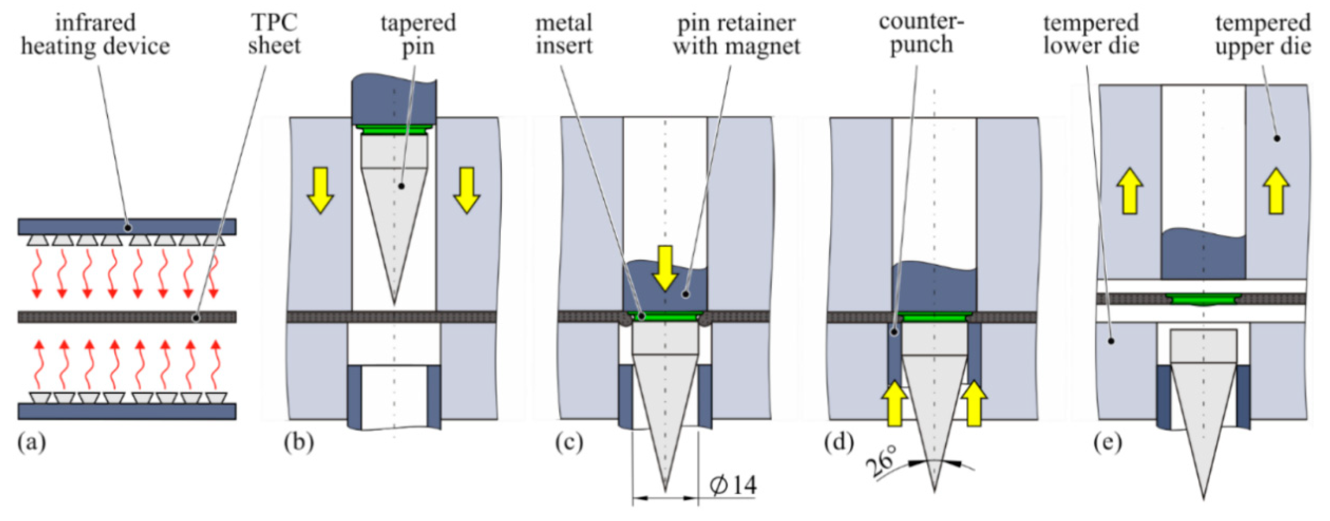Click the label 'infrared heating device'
click(x=95, y=34)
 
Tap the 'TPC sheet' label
click(x=274, y=34)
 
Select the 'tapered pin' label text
click(x=418, y=34)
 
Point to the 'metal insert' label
click(x=564, y=34)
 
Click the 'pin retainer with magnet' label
click(x=736, y=34)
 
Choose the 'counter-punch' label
click(x=922, y=33)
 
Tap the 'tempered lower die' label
click(x=1091, y=34)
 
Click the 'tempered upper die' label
click(x=1263, y=34)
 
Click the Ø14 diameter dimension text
click(x=733, y=485)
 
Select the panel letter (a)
click(x=32, y=442)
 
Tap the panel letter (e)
click(x=1108, y=442)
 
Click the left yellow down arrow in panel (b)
click(x=320, y=190)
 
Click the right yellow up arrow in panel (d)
click(x=974, y=403)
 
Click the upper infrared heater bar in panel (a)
click(x=127, y=227)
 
